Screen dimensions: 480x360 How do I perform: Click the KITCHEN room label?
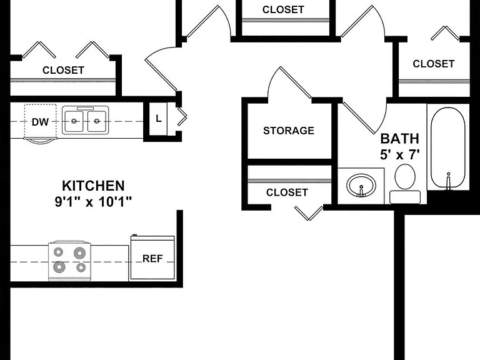tap(93, 186)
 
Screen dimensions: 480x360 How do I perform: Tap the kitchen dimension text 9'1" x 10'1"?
tap(93, 202)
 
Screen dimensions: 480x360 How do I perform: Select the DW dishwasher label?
tap(40, 122)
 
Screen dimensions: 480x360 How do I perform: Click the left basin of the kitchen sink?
tap(74, 121)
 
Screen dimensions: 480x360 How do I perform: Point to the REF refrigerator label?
tap(152, 259)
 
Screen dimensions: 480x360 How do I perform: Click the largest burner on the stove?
tap(59, 267)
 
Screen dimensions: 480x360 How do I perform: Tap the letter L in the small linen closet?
tap(158, 119)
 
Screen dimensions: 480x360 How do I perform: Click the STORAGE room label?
tap(289, 131)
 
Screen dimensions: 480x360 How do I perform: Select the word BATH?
tap(399, 139)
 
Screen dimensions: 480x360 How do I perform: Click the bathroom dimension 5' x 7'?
tap(399, 154)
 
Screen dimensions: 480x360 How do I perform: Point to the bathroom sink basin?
tap(361, 185)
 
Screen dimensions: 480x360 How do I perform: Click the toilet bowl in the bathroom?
tap(405, 177)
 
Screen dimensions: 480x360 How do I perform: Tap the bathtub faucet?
tap(449, 181)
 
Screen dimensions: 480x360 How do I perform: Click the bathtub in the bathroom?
tap(448, 148)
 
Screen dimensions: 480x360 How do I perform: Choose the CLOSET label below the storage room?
tap(287, 192)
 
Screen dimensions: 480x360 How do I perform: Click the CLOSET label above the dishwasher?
tap(63, 70)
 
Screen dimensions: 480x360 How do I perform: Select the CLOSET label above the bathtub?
tap(434, 64)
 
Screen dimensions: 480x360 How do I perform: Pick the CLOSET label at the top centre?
tap(283, 9)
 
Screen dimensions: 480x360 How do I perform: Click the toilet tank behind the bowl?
tap(405, 197)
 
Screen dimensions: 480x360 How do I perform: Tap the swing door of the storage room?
tap(296, 82)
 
